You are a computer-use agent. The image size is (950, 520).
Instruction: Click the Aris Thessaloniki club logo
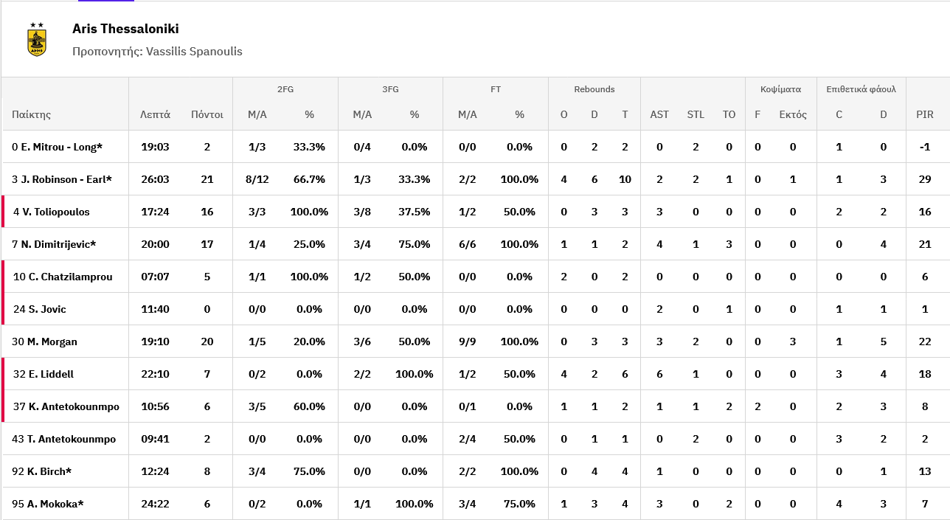37,39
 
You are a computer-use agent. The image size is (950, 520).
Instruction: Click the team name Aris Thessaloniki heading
125,29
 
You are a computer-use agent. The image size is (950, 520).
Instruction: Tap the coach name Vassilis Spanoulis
194,52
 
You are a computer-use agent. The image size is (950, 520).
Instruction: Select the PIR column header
925,114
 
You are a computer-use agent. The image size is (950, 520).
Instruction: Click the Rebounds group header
594,89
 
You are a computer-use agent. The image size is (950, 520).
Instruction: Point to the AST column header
659,114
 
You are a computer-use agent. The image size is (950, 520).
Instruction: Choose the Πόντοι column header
207,114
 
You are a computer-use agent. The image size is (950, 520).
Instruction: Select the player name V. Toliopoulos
56,212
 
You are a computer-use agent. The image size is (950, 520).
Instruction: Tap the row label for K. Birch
41,471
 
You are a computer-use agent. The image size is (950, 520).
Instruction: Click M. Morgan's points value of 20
207,342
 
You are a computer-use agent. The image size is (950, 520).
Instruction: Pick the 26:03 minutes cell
155,179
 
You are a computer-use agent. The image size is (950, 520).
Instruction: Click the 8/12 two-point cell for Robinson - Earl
257,179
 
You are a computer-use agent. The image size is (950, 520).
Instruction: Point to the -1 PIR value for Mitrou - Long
925,147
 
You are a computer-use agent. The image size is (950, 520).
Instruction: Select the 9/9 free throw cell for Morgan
468,342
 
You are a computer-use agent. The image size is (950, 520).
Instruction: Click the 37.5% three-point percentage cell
415,212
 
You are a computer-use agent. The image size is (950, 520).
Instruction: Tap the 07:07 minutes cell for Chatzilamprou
155,277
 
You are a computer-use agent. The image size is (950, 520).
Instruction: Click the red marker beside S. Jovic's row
3,309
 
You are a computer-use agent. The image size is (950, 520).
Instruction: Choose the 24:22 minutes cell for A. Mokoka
155,504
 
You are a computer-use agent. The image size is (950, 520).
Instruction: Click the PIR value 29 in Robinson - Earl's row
925,179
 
